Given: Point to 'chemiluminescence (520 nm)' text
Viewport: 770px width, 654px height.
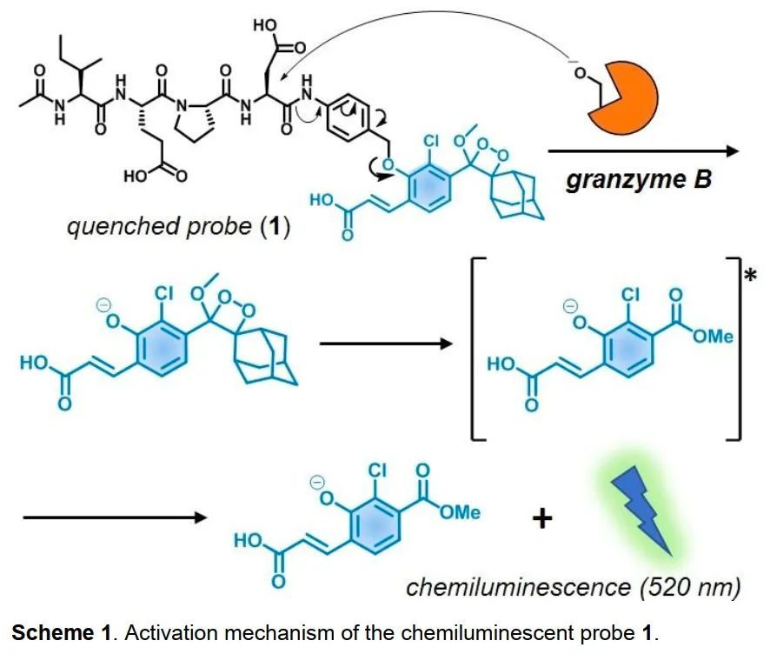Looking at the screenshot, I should click(x=574, y=587).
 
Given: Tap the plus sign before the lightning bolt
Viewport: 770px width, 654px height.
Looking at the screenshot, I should click(x=541, y=519).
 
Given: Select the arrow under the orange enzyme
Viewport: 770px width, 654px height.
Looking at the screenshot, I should click(x=643, y=151).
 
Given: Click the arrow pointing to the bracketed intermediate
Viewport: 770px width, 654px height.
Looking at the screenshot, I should click(x=387, y=344).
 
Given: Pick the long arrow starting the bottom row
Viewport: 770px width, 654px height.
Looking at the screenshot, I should click(x=113, y=518).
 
